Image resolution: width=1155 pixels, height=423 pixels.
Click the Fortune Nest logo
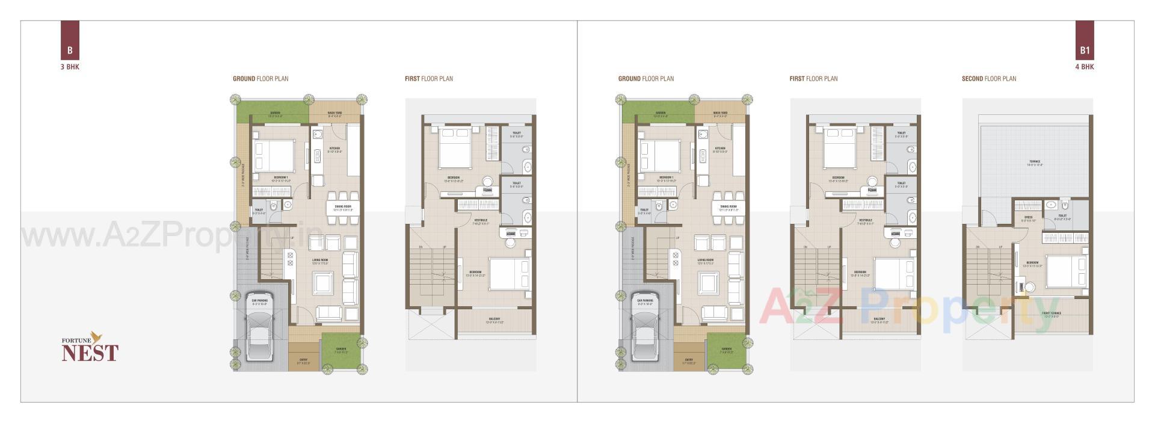coord(90,348)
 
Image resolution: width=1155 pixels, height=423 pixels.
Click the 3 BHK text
coord(70,67)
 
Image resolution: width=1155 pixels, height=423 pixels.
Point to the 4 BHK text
coord(1085,67)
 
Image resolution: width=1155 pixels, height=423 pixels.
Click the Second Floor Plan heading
coord(989,78)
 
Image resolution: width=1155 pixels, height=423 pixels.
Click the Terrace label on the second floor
coord(1034,161)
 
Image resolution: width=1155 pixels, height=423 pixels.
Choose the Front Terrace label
coord(1051,313)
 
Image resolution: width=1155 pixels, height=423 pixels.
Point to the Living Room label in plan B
coord(319,261)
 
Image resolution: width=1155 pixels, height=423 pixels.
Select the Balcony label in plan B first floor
coord(494,319)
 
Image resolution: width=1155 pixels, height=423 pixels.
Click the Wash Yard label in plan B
coord(335,113)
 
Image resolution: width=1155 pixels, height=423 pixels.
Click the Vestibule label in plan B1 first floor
coord(865,220)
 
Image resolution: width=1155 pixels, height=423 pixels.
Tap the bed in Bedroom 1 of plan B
coord(274,155)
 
